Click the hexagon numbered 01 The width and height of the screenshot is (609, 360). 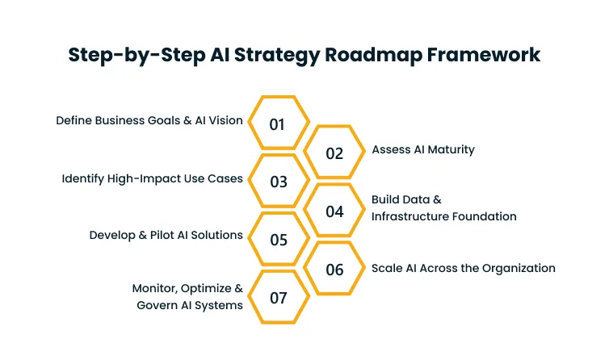click(x=278, y=124)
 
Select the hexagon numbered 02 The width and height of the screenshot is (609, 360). click(x=334, y=153)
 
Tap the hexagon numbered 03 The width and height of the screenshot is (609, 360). click(x=278, y=182)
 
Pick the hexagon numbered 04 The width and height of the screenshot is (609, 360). click(x=334, y=211)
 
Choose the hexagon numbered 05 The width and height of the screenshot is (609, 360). click(x=278, y=240)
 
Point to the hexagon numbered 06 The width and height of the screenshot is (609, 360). click(x=334, y=270)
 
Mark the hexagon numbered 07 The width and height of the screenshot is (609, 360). click(x=278, y=298)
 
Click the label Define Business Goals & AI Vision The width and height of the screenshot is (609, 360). click(x=149, y=120)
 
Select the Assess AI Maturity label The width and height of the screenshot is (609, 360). click(x=422, y=149)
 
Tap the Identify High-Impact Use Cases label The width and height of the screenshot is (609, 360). click(x=152, y=178)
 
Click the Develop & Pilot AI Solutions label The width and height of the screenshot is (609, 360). click(x=166, y=235)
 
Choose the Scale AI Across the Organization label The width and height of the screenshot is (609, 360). click(x=463, y=268)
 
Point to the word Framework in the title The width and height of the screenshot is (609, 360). click(x=489, y=55)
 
